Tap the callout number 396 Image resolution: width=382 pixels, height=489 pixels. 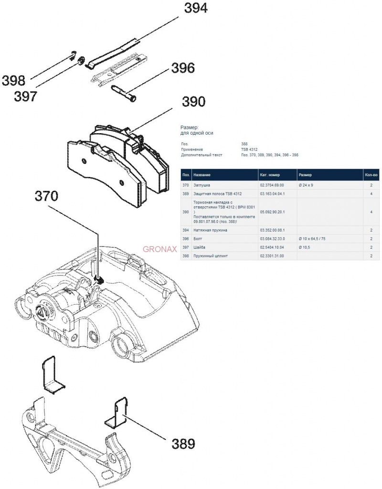click(183, 68)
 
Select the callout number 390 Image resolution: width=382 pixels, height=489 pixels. click(193, 101)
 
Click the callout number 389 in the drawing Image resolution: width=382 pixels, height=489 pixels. click(183, 444)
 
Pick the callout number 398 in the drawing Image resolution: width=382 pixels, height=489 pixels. click(13, 80)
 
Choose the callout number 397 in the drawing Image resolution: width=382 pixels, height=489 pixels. click(25, 96)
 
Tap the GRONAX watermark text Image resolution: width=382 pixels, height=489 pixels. click(160, 249)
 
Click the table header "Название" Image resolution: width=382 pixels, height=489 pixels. click(202, 175)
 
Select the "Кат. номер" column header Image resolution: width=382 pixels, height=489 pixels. click(270, 175)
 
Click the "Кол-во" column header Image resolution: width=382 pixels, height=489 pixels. click(371, 175)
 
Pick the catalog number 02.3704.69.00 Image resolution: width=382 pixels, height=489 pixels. click(272, 185)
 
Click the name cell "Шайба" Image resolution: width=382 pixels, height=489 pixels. click(200, 247)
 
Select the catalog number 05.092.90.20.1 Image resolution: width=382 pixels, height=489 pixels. click(272, 212)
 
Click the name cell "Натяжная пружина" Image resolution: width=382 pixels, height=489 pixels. click(210, 230)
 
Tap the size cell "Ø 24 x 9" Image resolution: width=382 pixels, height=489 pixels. click(306, 185)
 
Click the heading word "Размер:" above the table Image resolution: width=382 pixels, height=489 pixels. click(191, 128)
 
